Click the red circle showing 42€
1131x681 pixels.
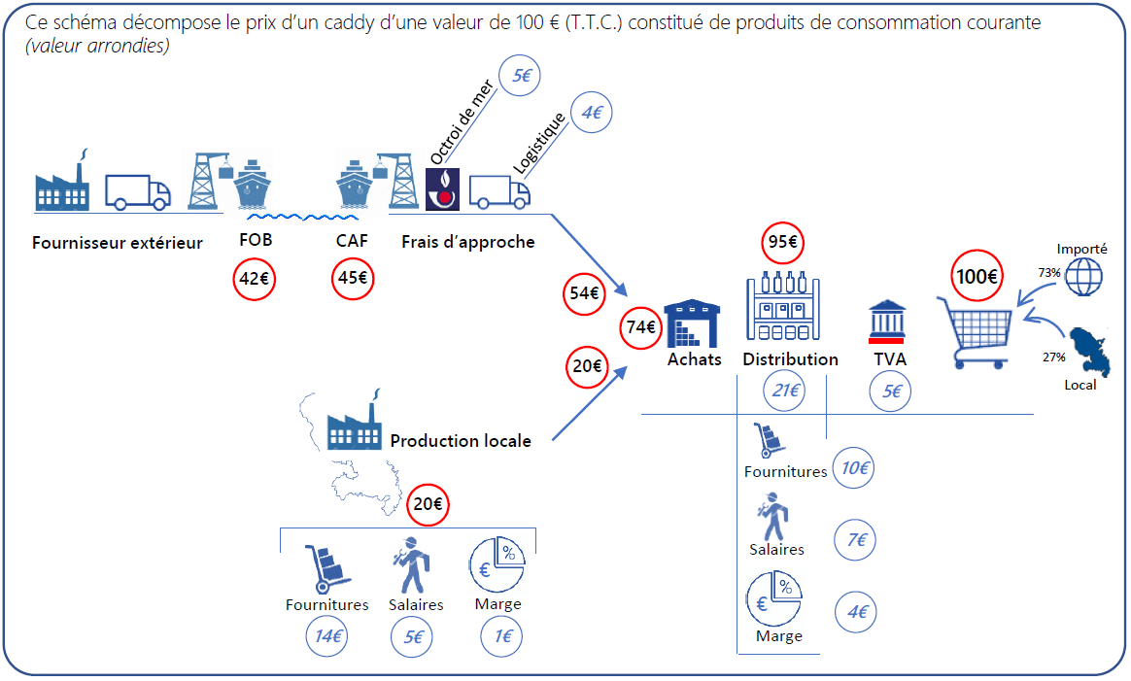[x=255, y=279]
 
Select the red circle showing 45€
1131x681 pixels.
[x=351, y=279]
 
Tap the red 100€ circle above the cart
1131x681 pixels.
[x=977, y=276]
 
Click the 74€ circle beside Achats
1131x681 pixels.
[x=641, y=327]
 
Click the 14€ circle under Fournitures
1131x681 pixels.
[x=326, y=637]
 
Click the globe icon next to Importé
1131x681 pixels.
[x=1084, y=275]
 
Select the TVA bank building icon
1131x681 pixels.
[x=887, y=323]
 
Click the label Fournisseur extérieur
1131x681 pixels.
[x=118, y=243]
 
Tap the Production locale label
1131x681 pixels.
[x=461, y=441]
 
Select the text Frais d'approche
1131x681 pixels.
[x=467, y=242]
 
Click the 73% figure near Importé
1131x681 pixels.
[x=1048, y=273]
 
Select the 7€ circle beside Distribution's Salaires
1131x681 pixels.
[x=856, y=540]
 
